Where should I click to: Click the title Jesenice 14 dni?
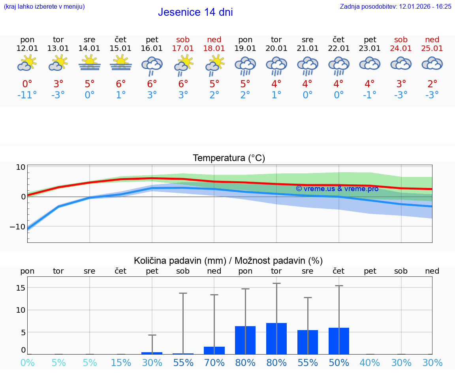(195, 12)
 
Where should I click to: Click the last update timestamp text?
(395, 6)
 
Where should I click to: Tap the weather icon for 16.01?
(152, 66)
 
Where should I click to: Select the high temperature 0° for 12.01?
(27, 84)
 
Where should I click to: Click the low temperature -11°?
(27, 95)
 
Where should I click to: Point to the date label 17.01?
(183, 48)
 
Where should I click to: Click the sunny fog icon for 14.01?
(90, 63)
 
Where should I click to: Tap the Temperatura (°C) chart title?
(229, 158)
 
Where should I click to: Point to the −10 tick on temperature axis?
(17, 227)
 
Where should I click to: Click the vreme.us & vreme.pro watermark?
(337, 189)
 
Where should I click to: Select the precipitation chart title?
(228, 261)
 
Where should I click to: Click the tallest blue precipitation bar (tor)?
(276, 338)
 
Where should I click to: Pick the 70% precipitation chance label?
(214, 362)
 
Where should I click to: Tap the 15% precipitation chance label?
(121, 362)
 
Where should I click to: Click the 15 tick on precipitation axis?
(21, 288)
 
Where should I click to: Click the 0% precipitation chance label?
(27, 362)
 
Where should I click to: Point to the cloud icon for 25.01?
(432, 64)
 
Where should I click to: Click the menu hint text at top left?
(44, 6)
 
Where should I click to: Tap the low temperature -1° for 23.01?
(370, 95)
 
